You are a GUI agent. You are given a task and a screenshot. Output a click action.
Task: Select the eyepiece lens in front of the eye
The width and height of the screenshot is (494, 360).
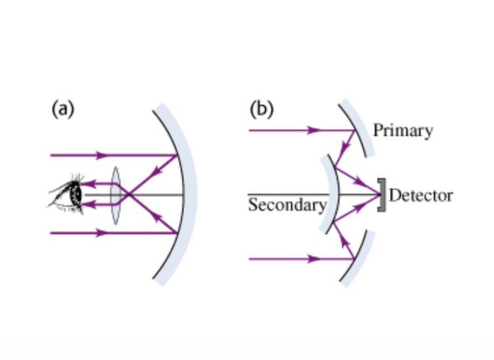point(115,195)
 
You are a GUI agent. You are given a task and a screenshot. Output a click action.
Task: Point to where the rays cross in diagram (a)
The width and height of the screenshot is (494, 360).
point(129,195)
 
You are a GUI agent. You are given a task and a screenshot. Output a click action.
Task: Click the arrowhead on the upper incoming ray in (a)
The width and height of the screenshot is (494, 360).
point(101,156)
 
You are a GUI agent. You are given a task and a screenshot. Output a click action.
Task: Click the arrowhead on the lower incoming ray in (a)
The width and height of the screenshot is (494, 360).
point(101,233)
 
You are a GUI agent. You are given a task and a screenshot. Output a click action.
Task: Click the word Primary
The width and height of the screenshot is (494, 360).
point(403,130)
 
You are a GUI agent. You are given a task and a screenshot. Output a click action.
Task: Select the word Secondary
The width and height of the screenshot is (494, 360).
point(287,205)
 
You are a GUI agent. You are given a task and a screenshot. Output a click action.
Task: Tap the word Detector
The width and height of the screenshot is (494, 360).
point(421,195)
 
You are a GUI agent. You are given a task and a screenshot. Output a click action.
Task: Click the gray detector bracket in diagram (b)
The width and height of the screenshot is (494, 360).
point(382,194)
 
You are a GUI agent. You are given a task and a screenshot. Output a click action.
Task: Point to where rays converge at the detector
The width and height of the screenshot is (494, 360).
point(379,194)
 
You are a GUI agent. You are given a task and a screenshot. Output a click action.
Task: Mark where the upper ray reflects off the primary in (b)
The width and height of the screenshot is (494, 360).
point(354,130)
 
